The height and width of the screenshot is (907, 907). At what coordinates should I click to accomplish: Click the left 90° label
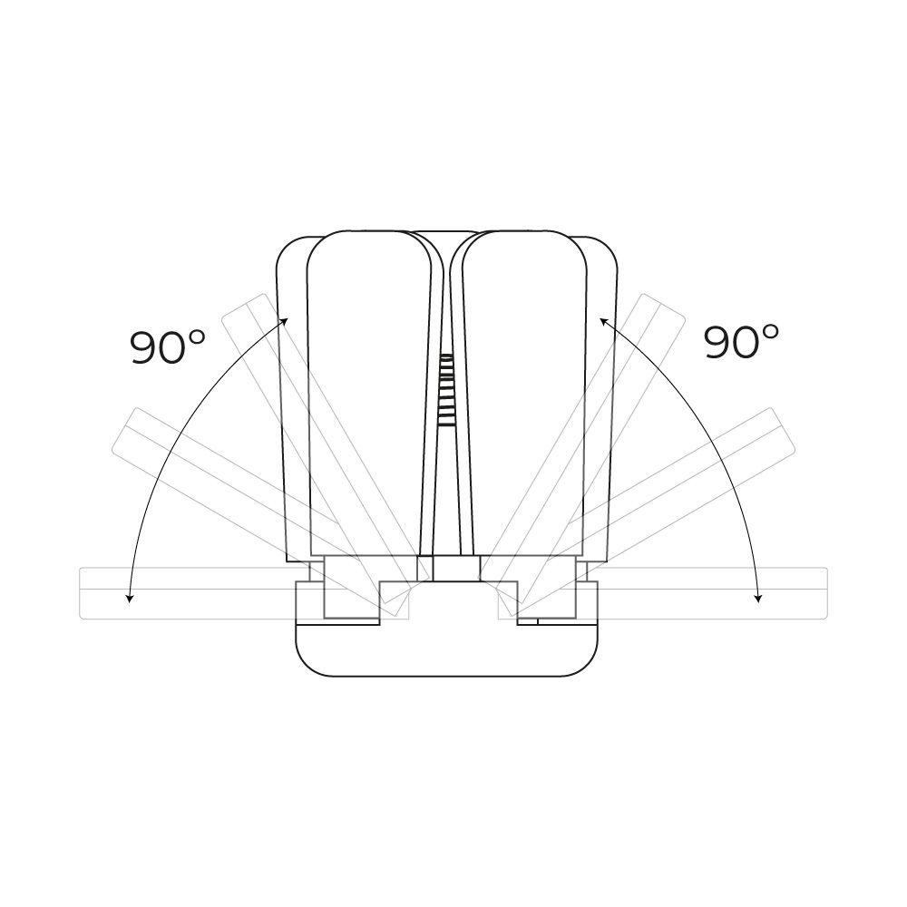pyautogui.click(x=167, y=347)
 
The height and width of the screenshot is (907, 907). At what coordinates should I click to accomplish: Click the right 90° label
pyautogui.click(x=741, y=341)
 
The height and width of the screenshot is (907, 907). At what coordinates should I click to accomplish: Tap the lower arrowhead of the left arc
pyautogui.click(x=130, y=598)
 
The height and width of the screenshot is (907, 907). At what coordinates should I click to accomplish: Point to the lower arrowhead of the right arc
pyautogui.click(x=758, y=598)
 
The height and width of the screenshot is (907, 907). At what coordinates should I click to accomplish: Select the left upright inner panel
pyautogui.click(x=369, y=394)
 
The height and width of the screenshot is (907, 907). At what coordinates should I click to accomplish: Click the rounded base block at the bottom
pyautogui.click(x=446, y=649)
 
